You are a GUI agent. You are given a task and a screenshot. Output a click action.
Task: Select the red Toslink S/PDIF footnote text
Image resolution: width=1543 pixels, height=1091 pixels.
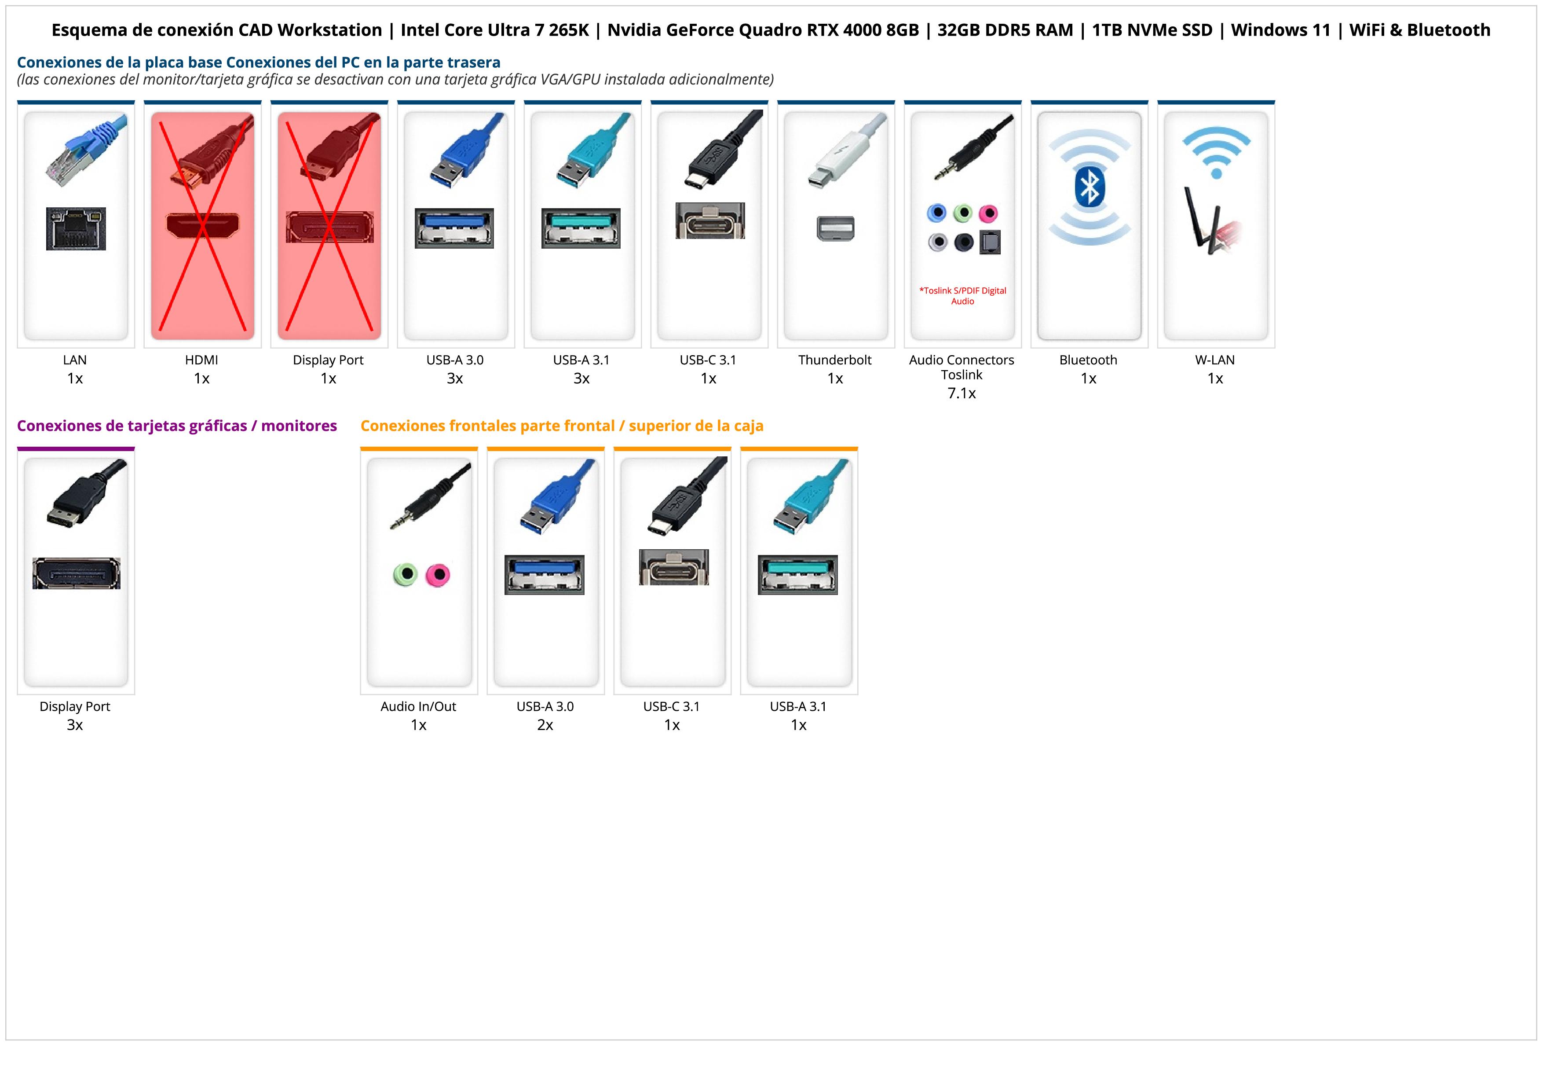tap(962, 296)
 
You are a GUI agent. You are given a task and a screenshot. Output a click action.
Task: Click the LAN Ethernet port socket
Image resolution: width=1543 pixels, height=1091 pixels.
tap(76, 228)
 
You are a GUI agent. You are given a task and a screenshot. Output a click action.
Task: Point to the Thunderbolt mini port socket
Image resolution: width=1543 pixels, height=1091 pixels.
tap(835, 228)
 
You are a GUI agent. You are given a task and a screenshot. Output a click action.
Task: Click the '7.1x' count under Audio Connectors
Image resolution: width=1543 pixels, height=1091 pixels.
tap(962, 393)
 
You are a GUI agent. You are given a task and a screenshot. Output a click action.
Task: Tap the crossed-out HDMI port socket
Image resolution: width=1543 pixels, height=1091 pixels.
tap(202, 225)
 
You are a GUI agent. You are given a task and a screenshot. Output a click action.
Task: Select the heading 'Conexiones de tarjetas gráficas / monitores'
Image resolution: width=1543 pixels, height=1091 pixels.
tap(177, 426)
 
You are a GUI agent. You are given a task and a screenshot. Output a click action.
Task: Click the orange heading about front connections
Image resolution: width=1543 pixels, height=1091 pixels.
tap(562, 426)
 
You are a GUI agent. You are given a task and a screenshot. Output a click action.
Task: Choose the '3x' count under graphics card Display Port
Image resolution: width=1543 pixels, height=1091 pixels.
tap(75, 725)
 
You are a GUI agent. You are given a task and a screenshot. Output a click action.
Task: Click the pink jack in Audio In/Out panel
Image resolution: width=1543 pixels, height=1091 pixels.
tap(438, 575)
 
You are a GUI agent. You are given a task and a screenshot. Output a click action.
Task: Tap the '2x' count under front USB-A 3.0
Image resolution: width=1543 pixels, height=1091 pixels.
tap(545, 725)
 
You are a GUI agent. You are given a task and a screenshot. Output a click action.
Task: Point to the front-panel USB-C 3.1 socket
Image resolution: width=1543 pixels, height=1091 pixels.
tap(673, 567)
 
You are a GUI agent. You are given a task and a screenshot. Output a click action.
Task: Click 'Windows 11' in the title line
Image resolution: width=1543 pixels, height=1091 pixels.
tap(1280, 30)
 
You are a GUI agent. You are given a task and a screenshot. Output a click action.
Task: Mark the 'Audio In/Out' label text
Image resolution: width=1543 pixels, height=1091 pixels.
tap(418, 706)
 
